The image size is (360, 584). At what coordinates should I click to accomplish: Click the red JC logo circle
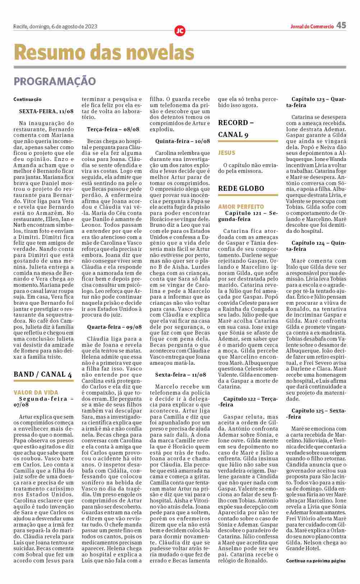[x=180, y=31]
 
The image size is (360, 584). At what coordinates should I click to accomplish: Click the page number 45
[x=341, y=26]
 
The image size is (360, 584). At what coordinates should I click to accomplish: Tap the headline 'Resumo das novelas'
[x=104, y=52]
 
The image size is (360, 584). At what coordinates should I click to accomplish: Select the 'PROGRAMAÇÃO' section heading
[x=55, y=81]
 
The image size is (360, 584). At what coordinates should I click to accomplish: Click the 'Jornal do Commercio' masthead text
[x=312, y=26]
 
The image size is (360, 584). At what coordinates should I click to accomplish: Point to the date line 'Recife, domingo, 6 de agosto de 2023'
[x=55, y=26]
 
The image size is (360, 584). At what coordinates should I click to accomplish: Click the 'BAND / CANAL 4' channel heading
[x=43, y=374]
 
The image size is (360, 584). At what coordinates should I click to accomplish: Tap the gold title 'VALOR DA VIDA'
[x=36, y=392]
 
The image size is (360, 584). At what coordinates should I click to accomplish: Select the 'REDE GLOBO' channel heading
[x=241, y=188]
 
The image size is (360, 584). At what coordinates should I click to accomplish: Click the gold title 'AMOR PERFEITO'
[x=241, y=207]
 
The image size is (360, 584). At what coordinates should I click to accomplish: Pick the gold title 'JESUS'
[x=226, y=153]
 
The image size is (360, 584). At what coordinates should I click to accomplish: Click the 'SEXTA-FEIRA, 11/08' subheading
[x=46, y=111]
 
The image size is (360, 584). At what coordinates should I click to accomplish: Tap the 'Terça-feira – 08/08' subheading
[x=113, y=129]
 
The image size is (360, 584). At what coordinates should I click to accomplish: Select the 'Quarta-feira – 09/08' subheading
[x=114, y=327]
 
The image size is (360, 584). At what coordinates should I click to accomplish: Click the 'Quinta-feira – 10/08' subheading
[x=183, y=141]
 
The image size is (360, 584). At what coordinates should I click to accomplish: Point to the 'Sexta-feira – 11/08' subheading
[x=181, y=374]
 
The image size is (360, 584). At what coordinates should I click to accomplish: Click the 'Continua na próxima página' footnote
[x=316, y=561]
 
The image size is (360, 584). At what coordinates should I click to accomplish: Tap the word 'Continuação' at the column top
[x=28, y=99]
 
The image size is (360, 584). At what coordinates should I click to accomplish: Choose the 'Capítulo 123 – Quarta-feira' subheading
[x=316, y=102]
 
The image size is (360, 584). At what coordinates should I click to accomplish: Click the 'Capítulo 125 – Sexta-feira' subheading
[x=316, y=414]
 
